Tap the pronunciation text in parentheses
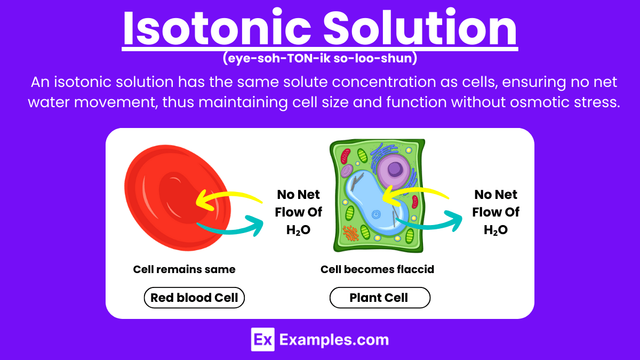tap(319, 59)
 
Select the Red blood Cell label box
tap(194, 298)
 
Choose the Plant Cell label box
tap(379, 298)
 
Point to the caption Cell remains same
tap(184, 269)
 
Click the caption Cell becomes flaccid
tap(377, 269)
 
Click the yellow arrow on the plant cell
tap(416, 193)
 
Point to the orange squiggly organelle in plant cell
tap(350, 233)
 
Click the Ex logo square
tap(263, 339)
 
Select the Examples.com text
tap(334, 340)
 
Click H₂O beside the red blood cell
tap(299, 229)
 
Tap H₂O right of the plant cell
tap(495, 229)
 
